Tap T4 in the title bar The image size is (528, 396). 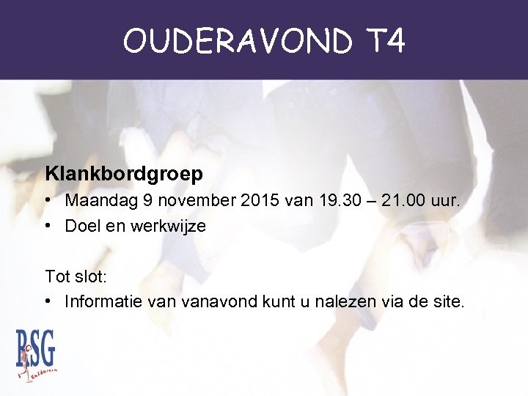tap(384, 42)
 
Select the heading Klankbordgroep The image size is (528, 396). tap(124, 174)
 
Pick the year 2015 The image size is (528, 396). tap(254, 200)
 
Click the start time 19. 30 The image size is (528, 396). tap(337, 200)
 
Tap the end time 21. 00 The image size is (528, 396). tap(408, 200)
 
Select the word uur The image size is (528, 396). tap(447, 200)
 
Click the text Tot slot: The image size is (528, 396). tap(75, 276)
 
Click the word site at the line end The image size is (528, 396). tap(447, 301)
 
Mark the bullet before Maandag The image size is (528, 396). tap(48, 201)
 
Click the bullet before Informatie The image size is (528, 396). tap(48, 302)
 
